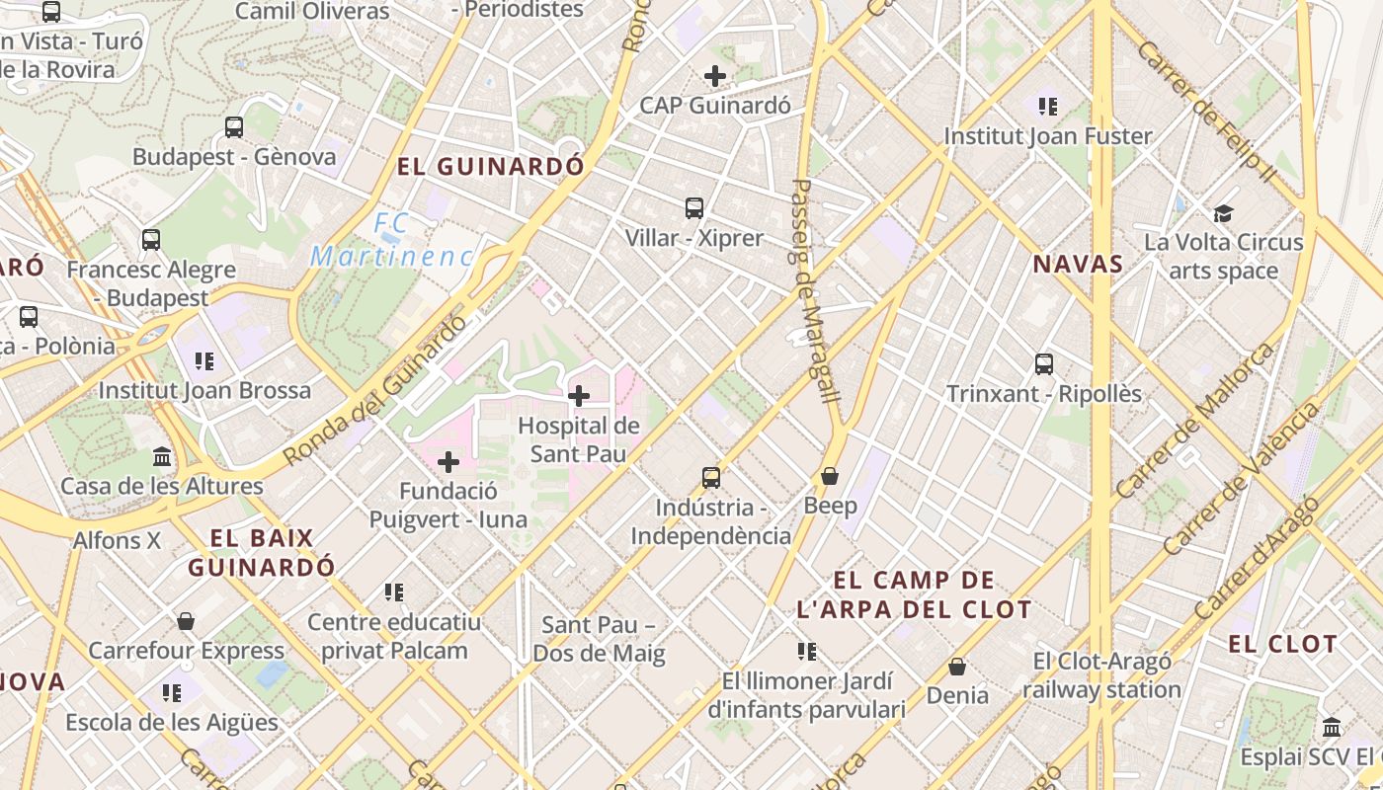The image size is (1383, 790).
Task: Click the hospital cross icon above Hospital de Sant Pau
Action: point(579,396)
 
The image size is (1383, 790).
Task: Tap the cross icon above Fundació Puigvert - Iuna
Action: point(448,461)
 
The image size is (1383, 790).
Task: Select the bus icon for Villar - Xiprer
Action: point(694,207)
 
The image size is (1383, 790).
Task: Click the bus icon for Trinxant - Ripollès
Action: point(1044,363)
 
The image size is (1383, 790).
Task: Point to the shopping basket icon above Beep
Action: point(830,476)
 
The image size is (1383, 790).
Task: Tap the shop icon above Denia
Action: point(957,667)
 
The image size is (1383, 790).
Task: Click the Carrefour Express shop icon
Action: point(186,621)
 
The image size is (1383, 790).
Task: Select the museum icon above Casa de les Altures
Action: point(162,456)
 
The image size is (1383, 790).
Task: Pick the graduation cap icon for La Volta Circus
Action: point(1224,213)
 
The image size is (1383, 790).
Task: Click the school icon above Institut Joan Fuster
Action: point(1048,106)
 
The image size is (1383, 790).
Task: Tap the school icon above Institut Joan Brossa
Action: point(204,360)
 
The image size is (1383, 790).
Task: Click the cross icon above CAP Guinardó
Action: point(715,75)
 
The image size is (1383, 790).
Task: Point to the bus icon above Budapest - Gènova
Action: point(234,126)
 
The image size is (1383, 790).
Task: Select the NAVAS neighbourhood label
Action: point(1078,264)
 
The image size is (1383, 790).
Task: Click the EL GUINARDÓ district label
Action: point(491,166)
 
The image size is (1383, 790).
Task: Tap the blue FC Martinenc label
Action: point(391,241)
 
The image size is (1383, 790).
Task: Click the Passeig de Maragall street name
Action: point(816,290)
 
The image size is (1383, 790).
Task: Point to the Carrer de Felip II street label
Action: point(1205,110)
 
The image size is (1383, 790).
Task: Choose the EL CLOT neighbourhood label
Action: point(1282,644)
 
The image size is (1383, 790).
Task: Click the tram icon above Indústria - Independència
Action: point(711,478)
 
